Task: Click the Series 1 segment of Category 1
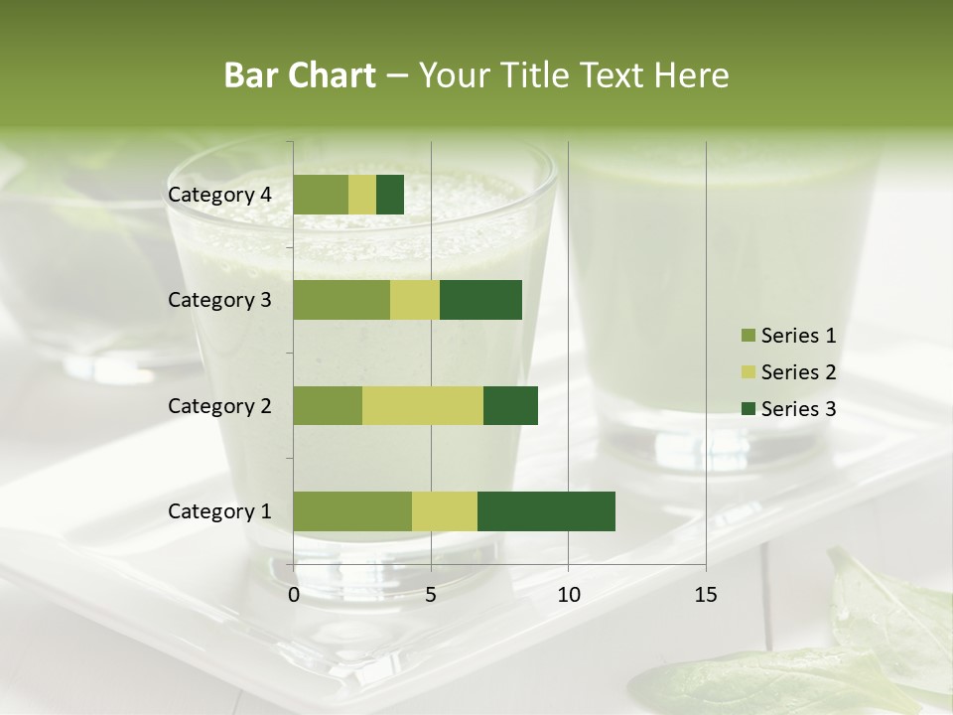[352, 511]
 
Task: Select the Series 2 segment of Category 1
[445, 511]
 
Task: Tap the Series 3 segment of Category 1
[546, 511]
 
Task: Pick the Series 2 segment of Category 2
[423, 405]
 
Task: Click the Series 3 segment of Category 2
[510, 405]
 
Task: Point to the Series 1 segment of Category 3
[341, 300]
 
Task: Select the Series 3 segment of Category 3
[480, 300]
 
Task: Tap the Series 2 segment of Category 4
[362, 195]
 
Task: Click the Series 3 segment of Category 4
[390, 195]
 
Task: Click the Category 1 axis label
[219, 511]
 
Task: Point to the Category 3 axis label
[219, 300]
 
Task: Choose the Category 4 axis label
[219, 195]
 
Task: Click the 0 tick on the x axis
[294, 595]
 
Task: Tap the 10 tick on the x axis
[568, 595]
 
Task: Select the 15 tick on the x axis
[706, 595]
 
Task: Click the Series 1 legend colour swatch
[748, 336]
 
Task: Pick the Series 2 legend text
[798, 372]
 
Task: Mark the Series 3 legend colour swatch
[748, 409]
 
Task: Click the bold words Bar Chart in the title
[299, 74]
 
